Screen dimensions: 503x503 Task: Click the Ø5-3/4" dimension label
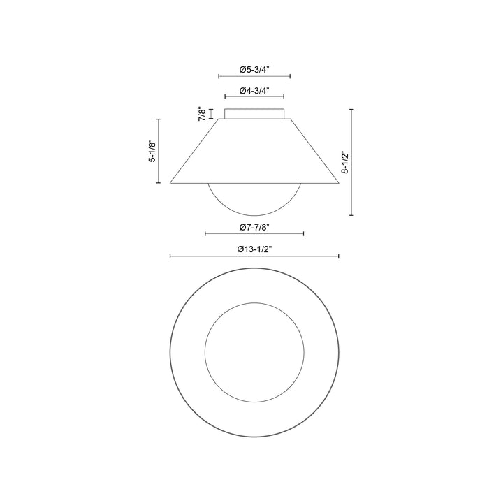coord(254,70)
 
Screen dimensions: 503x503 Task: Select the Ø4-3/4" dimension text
coord(254,91)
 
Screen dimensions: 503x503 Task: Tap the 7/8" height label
coord(201,114)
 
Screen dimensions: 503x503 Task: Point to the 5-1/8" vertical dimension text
coord(152,151)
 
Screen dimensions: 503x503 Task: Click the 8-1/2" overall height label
coord(344,162)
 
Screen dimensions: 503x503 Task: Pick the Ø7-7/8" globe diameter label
coord(254,227)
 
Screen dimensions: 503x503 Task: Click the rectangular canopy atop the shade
coord(254,113)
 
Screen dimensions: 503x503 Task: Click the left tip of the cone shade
coord(171,183)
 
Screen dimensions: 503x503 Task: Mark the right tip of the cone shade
coord(338,183)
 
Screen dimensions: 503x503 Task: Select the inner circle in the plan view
coord(254,352)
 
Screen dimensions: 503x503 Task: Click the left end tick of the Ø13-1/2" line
coord(170,257)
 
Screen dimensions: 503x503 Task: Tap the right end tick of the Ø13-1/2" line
coord(339,257)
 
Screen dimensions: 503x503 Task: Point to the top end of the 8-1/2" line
coord(351,109)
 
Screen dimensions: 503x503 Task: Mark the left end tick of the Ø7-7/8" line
coord(205,234)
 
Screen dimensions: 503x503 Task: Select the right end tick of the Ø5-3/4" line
coord(290,76)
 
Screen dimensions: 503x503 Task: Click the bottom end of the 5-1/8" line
coord(159,183)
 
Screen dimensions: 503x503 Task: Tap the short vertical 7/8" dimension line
coord(211,113)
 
